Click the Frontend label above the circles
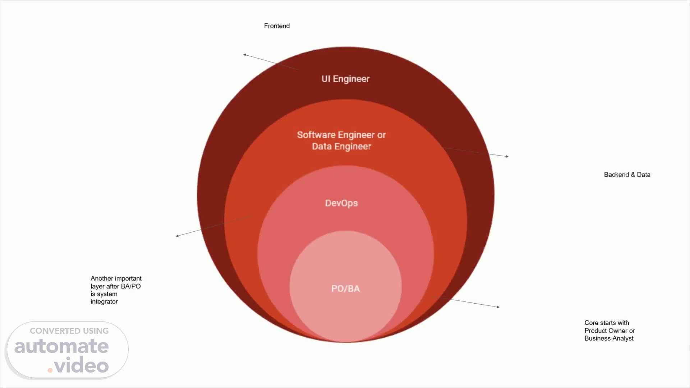point(277,26)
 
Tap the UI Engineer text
point(345,79)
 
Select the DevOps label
point(341,203)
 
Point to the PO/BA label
point(345,289)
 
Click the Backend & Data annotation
point(627,175)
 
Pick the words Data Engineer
point(341,147)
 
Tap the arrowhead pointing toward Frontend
point(245,55)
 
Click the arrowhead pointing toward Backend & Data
point(507,156)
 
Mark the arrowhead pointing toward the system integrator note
point(177,236)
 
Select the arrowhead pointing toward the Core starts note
point(498,307)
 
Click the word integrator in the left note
point(104,302)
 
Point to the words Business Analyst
point(609,338)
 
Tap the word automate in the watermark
point(61,346)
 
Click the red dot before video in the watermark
point(50,370)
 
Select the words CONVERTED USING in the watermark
point(69,331)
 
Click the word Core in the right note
point(591,323)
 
